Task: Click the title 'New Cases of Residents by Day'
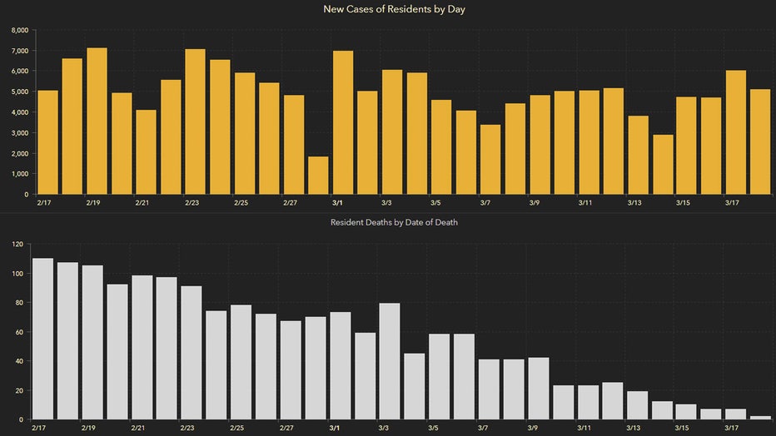click(388, 9)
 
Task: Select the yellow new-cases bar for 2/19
click(97, 121)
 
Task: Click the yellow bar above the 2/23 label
click(195, 121)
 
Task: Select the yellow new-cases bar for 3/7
click(490, 159)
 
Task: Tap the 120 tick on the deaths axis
click(15, 245)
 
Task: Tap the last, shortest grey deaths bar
click(760, 417)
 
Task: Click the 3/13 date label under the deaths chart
click(634, 428)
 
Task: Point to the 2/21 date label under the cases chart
click(142, 202)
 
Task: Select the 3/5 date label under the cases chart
click(436, 202)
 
